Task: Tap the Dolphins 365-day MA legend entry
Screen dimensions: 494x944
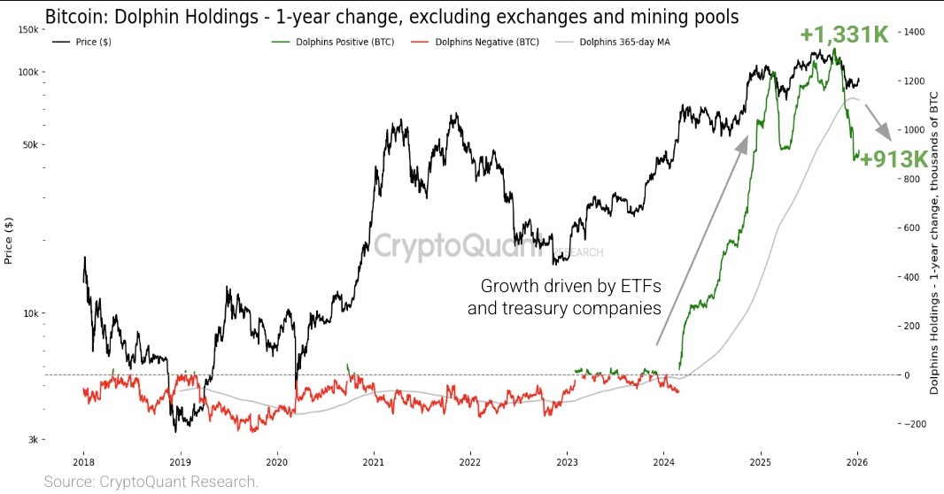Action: pyautogui.click(x=621, y=42)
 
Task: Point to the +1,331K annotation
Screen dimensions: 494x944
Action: pyautogui.click(x=843, y=35)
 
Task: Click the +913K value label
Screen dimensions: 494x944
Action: pyautogui.click(x=893, y=159)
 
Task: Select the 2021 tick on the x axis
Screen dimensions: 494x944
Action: pyautogui.click(x=373, y=461)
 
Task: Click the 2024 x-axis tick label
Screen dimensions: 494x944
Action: pyautogui.click(x=664, y=461)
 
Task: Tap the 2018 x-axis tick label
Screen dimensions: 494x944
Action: pyautogui.click(x=83, y=461)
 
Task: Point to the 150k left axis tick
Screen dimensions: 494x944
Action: pyautogui.click(x=27, y=30)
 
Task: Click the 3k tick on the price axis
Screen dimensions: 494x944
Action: pyautogui.click(x=31, y=440)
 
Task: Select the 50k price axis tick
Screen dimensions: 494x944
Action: pyautogui.click(x=29, y=145)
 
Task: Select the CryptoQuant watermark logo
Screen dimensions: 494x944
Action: pyautogui.click(x=458, y=246)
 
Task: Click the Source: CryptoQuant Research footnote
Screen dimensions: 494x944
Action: pyautogui.click(x=151, y=482)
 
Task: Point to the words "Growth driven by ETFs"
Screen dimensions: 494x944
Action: pyautogui.click(x=570, y=286)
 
